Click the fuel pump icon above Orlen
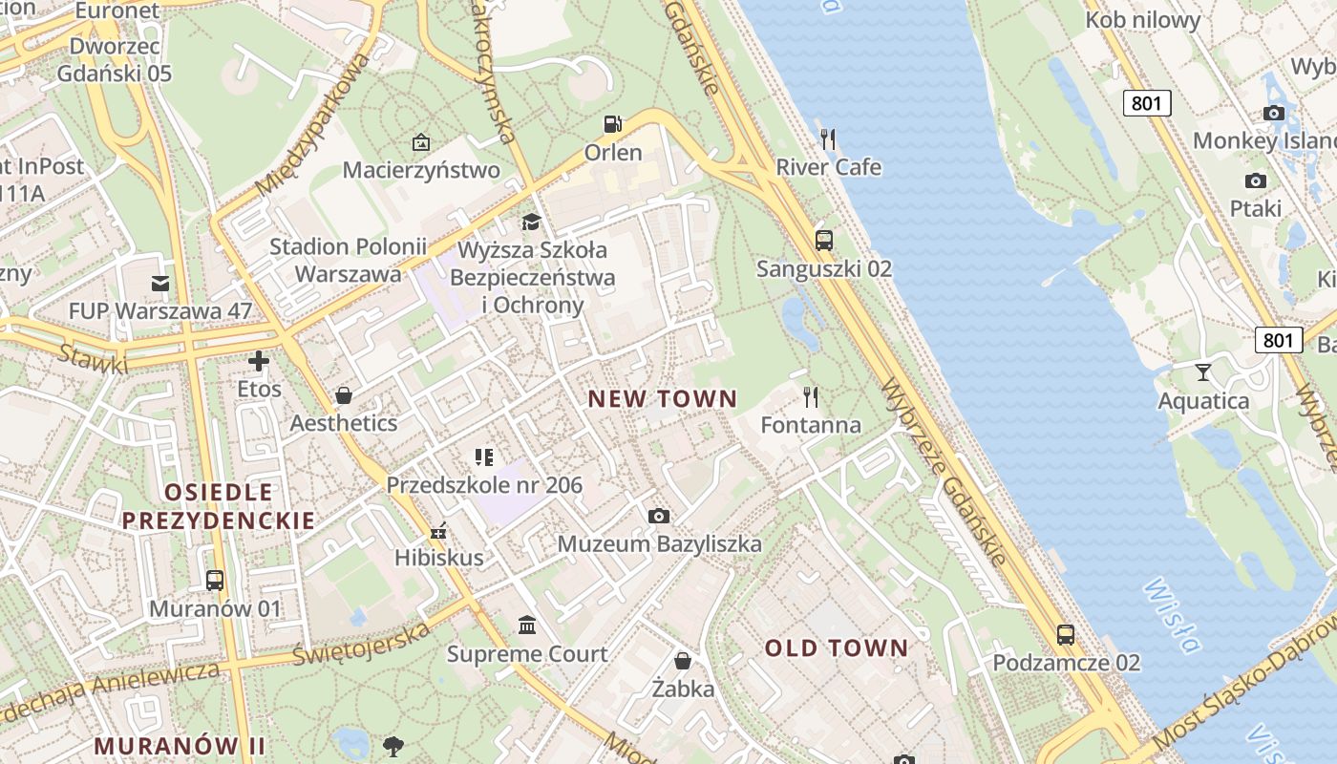pos(612,124)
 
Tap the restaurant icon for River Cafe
pos(828,139)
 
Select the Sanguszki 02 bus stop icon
pos(823,241)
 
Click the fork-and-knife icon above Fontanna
pos(811,396)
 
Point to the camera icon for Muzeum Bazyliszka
pos(659,517)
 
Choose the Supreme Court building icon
pos(526,626)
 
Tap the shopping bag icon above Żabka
pos(683,661)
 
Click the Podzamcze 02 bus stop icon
pos(1066,634)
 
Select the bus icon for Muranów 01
pos(215,581)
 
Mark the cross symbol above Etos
pos(259,361)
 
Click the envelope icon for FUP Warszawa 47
pos(159,283)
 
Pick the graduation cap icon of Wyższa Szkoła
pos(531,223)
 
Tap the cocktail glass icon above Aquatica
pos(1203,372)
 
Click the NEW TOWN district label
pos(662,399)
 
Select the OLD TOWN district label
pos(837,648)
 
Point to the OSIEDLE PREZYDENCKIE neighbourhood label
pos(219,506)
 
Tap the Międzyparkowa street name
pos(313,123)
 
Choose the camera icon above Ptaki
pos(1256,180)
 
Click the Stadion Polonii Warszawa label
pos(348,260)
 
